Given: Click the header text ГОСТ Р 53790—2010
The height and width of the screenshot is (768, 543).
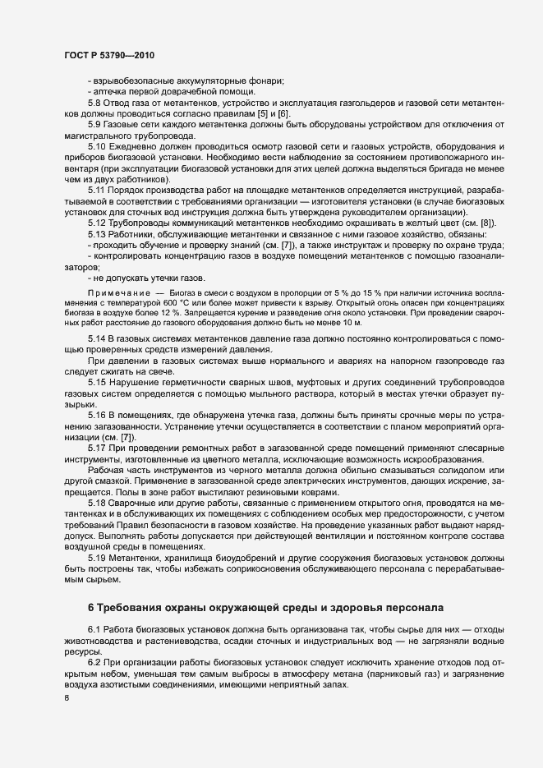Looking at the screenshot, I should pos(108,54).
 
